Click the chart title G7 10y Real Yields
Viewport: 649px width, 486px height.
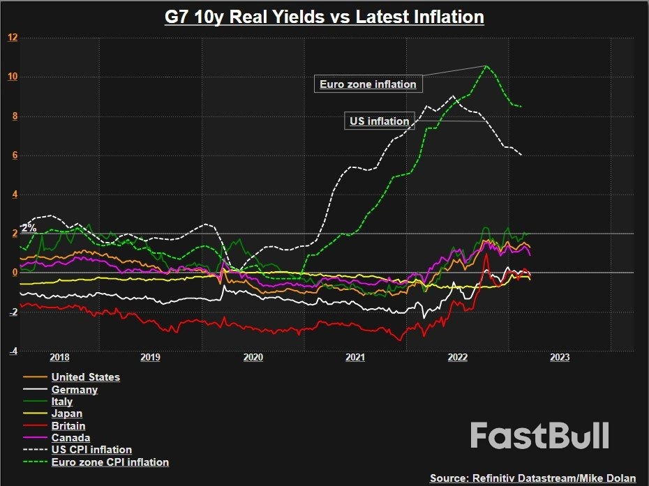(324, 16)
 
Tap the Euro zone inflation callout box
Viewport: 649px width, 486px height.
(368, 84)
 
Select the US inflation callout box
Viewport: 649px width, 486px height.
(379, 121)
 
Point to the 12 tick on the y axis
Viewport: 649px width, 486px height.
(13, 37)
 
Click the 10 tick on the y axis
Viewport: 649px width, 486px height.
(13, 76)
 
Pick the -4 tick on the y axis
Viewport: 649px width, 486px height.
(13, 351)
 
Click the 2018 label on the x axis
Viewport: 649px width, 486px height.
(60, 358)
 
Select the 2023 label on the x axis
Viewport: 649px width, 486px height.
(559, 358)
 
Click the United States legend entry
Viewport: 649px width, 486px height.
(85, 377)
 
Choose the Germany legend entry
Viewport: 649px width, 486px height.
(74, 390)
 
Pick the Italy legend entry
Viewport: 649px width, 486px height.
(62, 402)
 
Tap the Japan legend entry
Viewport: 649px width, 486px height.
(67, 414)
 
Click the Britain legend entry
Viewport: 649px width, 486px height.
(68, 426)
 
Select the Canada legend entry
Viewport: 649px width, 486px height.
(70, 438)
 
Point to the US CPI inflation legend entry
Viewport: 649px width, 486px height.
(91, 450)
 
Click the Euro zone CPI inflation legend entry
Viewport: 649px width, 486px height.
(110, 462)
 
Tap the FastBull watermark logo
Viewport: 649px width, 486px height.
(539, 436)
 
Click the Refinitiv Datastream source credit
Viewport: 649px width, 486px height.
(532, 478)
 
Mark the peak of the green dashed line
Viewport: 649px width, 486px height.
(486, 66)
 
